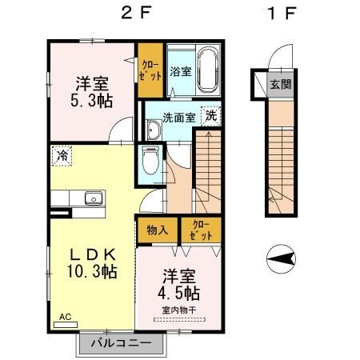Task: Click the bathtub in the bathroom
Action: (x=208, y=70)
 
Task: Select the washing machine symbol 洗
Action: (x=210, y=115)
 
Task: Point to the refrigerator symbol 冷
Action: (x=61, y=156)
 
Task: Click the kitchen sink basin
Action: (x=93, y=198)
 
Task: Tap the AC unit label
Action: (x=64, y=317)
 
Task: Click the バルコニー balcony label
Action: (x=121, y=343)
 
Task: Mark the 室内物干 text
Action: (x=179, y=310)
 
